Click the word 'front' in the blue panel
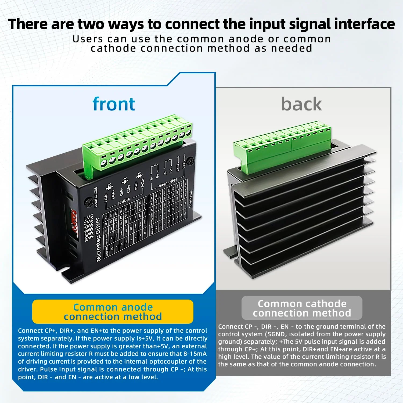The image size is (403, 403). (114, 104)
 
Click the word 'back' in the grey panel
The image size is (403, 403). (301, 104)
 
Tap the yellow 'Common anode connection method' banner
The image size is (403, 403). (113, 312)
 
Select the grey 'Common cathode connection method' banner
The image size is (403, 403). (302, 308)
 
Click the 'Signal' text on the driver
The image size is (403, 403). (124, 201)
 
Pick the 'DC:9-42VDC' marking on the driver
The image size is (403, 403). (190, 199)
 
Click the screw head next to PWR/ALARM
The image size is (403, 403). (88, 202)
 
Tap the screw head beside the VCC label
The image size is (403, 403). (191, 161)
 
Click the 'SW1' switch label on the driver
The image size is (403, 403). (88, 218)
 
